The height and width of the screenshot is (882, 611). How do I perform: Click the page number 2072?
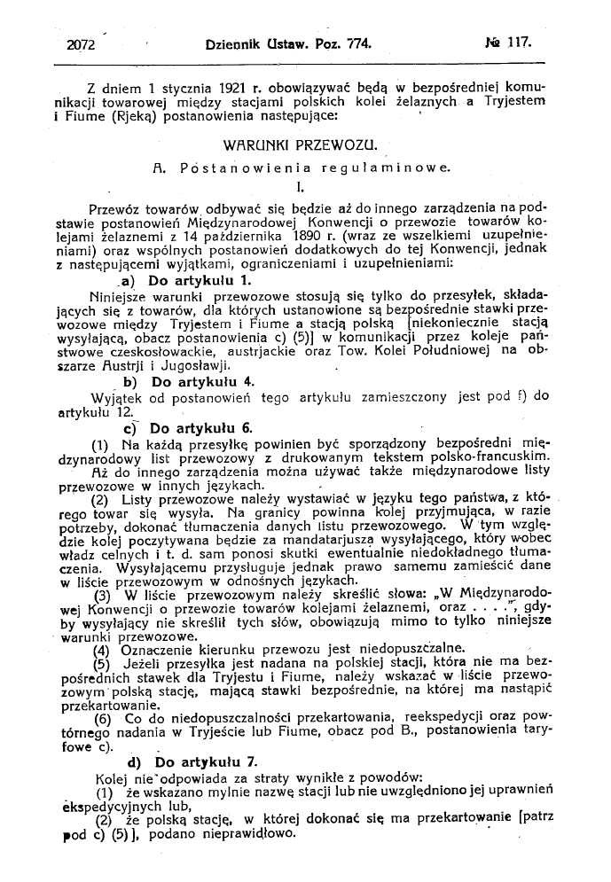click(82, 42)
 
